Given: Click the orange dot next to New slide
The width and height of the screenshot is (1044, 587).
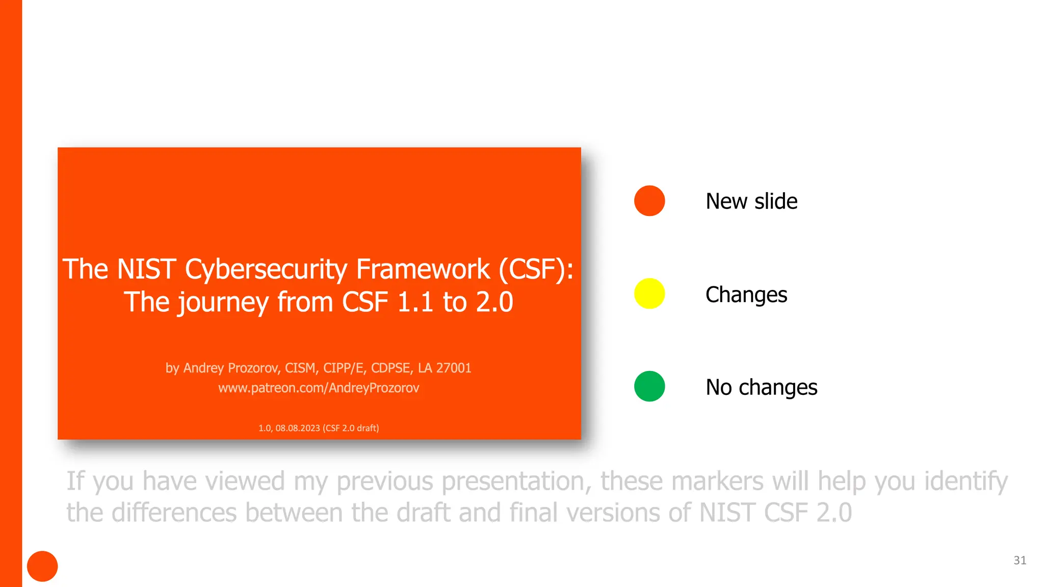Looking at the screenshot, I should (x=649, y=201).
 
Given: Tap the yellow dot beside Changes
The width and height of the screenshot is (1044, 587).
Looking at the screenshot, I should (x=649, y=293).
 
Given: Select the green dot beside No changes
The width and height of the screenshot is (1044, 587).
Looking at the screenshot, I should (x=649, y=386).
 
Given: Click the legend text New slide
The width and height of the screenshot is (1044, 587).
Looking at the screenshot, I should (x=751, y=201).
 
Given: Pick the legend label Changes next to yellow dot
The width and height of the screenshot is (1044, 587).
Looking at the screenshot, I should (x=746, y=295).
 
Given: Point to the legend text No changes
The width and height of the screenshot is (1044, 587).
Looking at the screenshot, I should (x=761, y=387).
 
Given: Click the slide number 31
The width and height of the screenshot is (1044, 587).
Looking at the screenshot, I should (x=1020, y=561).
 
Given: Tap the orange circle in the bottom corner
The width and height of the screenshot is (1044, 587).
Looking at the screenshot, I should (x=42, y=566).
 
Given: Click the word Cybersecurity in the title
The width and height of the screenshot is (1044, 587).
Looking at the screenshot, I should (x=266, y=270).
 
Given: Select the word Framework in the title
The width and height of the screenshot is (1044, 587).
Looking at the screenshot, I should (x=423, y=269).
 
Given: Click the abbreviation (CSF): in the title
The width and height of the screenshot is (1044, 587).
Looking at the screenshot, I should (x=536, y=269).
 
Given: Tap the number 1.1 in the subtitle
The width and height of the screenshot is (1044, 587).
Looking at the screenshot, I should (x=415, y=302).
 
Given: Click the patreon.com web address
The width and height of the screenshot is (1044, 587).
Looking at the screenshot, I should (x=319, y=388).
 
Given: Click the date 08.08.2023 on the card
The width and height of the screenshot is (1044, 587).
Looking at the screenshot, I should (x=298, y=428).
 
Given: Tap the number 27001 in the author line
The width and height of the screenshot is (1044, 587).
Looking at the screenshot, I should (x=454, y=368).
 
